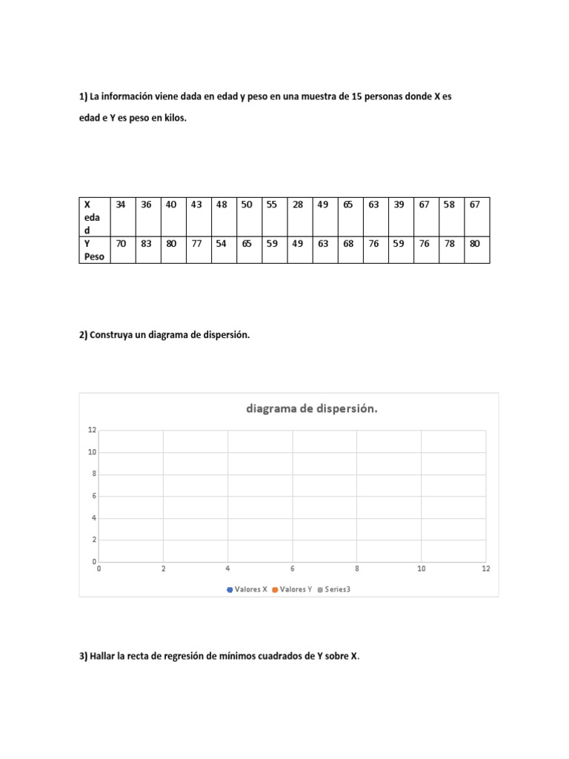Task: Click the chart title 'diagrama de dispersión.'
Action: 312,408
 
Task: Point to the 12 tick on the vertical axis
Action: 92,430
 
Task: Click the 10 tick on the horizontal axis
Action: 422,569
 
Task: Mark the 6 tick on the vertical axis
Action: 93,496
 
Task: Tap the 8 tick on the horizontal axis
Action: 357,569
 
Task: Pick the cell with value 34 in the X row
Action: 122,205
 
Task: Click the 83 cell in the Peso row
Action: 146,242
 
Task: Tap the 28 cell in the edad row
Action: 298,205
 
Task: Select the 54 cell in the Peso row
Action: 222,242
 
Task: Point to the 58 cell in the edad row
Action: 449,205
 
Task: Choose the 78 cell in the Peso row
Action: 449,242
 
